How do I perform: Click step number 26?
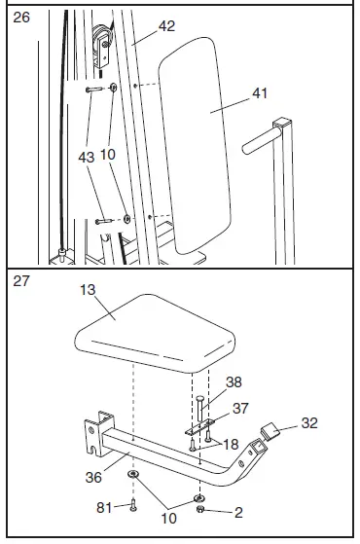21,18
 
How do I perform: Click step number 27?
21,281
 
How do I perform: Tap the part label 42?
166,26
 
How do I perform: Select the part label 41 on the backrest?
260,93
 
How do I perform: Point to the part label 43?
87,158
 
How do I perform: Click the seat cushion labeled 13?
155,333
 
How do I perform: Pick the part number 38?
234,382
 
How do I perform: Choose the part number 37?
240,409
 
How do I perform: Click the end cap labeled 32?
270,431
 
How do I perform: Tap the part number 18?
231,445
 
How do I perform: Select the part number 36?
93,478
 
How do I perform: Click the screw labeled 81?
133,505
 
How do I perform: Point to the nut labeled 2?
199,509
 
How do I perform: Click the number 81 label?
104,508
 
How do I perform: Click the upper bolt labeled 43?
94,90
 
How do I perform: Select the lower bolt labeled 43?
104,221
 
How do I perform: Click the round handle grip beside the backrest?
261,141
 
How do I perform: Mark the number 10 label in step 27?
169,519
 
